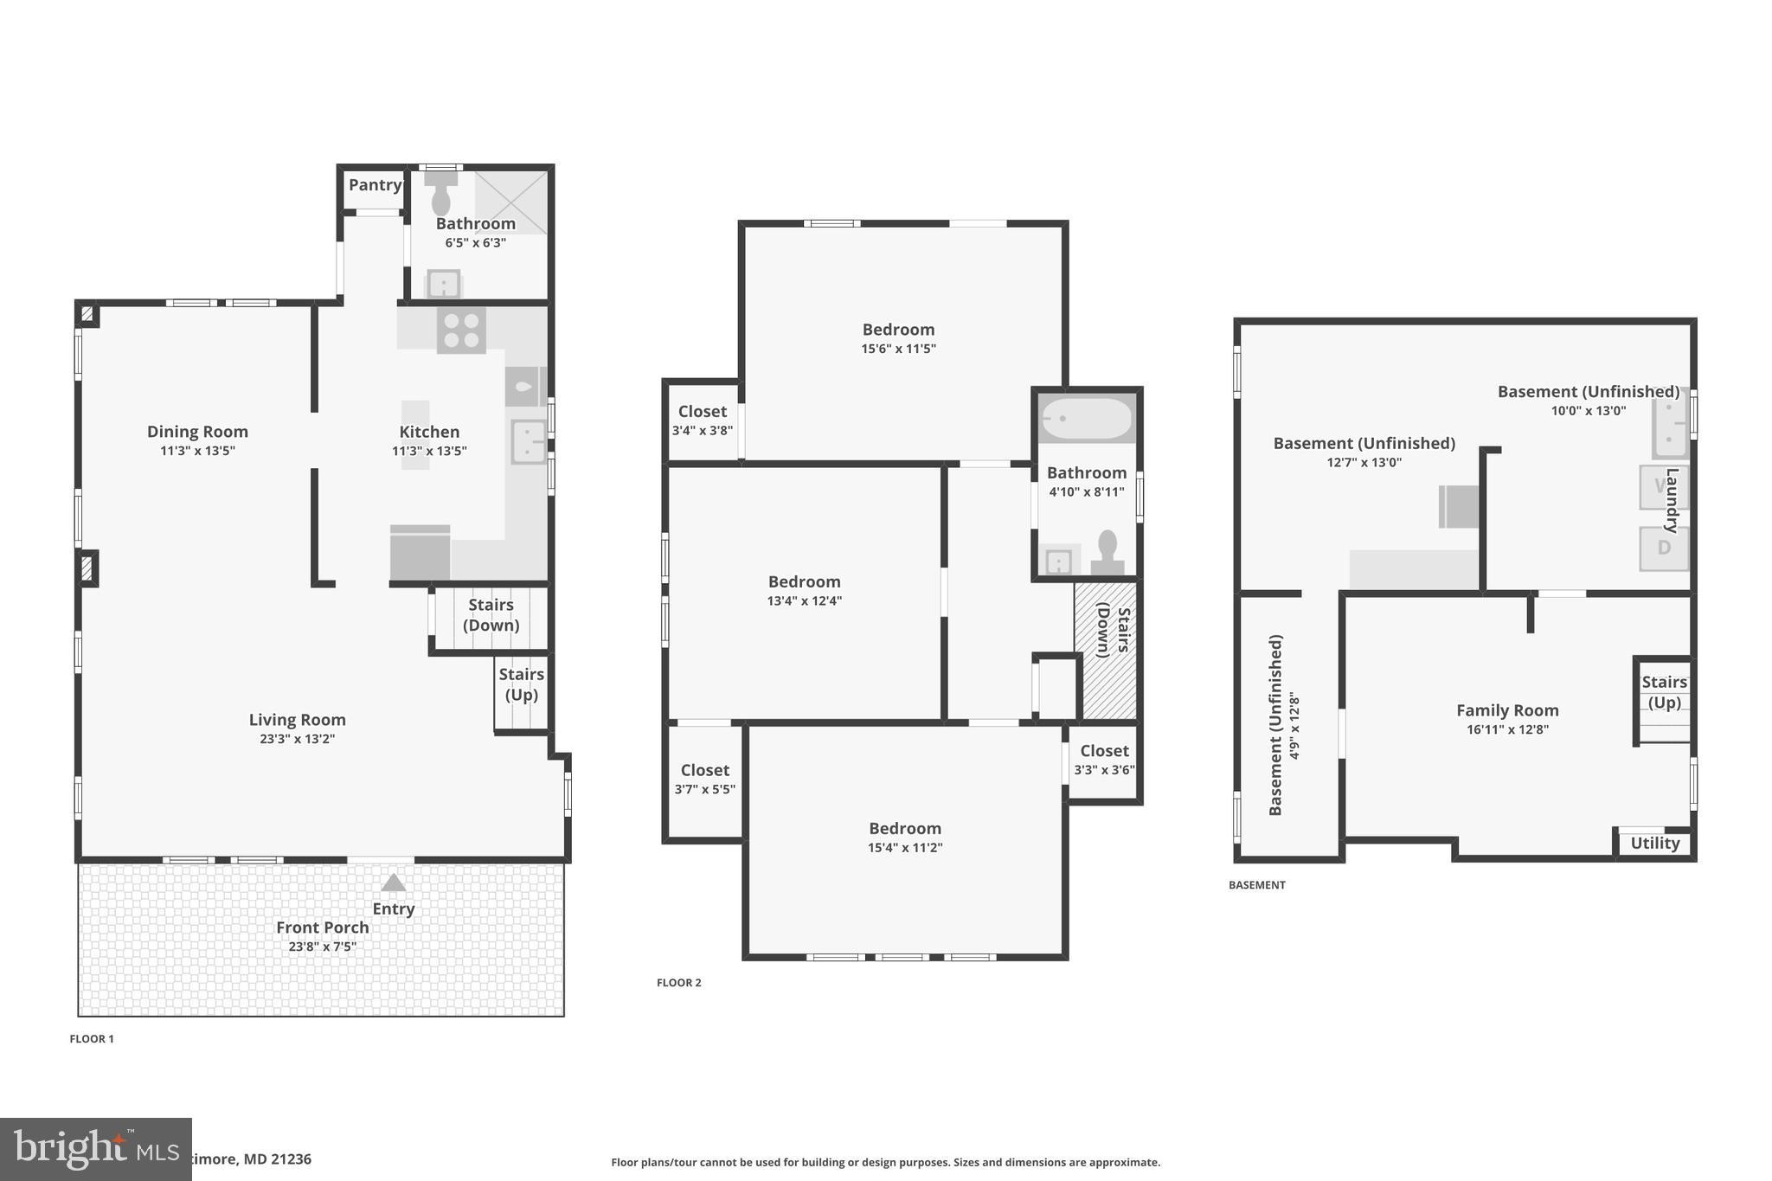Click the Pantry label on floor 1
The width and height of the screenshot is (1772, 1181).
click(x=375, y=184)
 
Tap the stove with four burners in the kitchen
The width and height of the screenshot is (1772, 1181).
click(x=461, y=331)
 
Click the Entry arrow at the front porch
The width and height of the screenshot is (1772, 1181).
click(x=394, y=883)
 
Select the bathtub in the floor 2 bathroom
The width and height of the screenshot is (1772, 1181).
click(x=1087, y=419)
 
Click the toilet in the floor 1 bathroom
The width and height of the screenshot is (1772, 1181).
click(x=441, y=196)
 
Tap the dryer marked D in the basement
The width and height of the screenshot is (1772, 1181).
click(x=1663, y=548)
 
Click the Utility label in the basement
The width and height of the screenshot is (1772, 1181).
click(x=1654, y=843)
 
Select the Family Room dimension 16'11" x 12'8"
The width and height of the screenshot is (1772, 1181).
click(x=1507, y=729)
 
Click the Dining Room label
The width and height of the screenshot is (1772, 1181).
click(x=197, y=431)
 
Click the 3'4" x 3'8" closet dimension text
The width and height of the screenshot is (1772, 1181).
click(x=702, y=430)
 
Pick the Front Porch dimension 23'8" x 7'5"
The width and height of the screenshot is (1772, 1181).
click(x=322, y=947)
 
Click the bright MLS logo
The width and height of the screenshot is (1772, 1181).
click(x=95, y=1149)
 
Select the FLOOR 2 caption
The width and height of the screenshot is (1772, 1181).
click(x=678, y=982)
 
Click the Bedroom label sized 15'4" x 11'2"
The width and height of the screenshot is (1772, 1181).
click(x=905, y=828)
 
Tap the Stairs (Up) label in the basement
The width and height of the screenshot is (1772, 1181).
click(x=1664, y=691)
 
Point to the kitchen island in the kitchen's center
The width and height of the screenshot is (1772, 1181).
click(x=415, y=434)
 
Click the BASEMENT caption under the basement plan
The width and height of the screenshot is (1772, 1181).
click(x=1256, y=884)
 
